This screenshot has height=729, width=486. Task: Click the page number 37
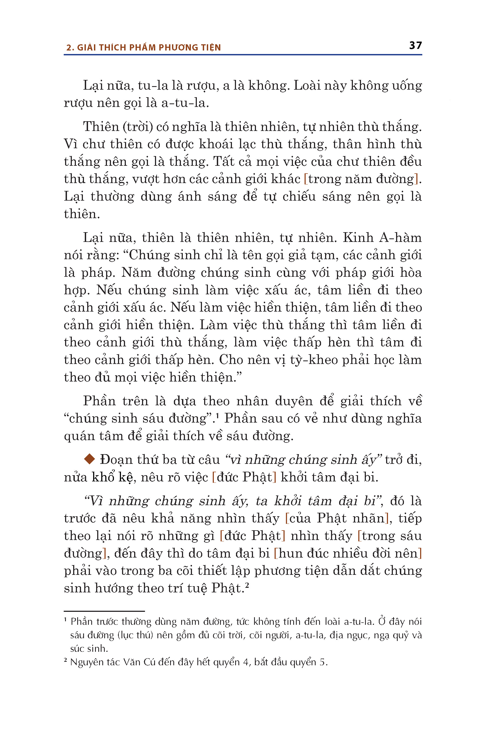pos(415,46)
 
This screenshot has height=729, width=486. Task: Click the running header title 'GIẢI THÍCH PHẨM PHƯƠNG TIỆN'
pos(149,48)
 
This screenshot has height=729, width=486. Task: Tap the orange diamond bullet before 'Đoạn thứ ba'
pos(89,459)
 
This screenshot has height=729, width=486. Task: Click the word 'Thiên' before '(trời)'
pos(101,127)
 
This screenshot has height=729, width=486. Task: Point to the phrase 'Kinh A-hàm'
pos(382,238)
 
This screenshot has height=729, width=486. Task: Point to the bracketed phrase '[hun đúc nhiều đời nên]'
pos(347,553)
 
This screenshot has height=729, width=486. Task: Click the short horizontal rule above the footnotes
pos(104,611)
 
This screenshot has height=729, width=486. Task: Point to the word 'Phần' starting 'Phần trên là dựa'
pos(100,401)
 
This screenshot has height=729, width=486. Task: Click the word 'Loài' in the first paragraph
pos(306,86)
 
